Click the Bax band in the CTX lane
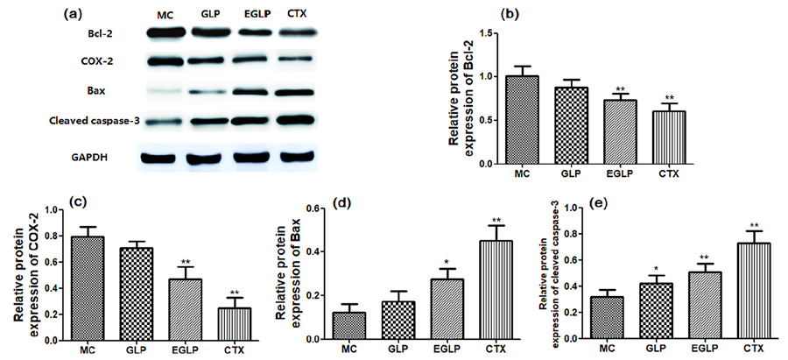point(296,92)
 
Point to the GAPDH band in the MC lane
point(165,158)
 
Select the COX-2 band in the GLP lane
point(211,62)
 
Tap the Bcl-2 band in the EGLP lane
point(255,33)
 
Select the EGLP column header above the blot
point(255,15)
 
